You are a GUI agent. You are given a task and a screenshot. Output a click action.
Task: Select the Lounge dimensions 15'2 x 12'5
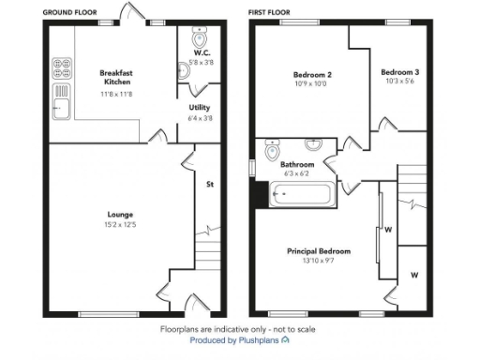[118, 226]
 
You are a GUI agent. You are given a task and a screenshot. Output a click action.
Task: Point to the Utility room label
[199, 108]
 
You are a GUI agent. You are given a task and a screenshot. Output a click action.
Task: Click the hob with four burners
[63, 67]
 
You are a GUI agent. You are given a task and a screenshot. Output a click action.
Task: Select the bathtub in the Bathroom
[300, 196]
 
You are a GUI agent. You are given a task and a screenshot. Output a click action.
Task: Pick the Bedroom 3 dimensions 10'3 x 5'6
[399, 82]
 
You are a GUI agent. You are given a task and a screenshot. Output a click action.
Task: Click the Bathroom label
[298, 165]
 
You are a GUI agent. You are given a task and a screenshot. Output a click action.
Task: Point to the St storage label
[209, 184]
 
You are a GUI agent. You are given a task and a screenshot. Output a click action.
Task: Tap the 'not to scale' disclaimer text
[288, 330]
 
